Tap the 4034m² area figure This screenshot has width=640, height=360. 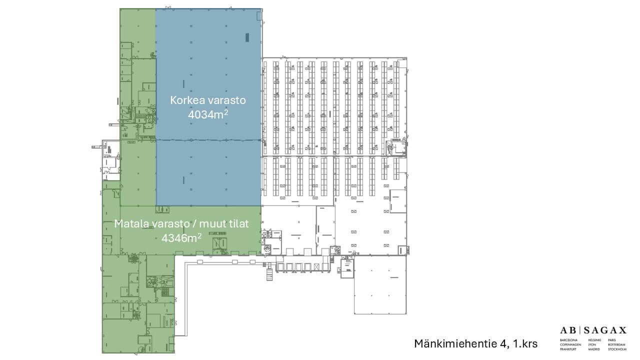(x=208, y=115)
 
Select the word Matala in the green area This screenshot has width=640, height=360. (x=130, y=223)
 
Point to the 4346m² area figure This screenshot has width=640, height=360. (x=181, y=238)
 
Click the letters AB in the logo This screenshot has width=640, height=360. (x=568, y=330)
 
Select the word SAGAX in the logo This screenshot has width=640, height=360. (x=605, y=330)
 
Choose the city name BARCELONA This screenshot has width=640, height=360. (x=569, y=340)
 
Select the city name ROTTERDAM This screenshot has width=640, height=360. (x=617, y=344)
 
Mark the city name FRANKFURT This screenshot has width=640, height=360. (x=568, y=349)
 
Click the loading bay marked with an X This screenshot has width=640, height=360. (x=300, y=266)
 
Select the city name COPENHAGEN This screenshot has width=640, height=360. (x=570, y=344)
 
